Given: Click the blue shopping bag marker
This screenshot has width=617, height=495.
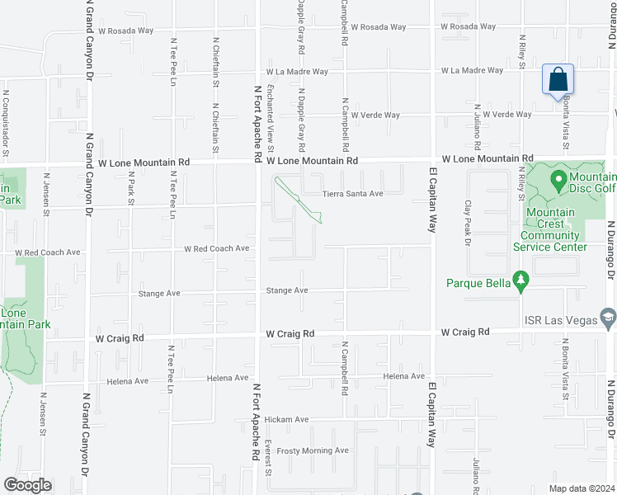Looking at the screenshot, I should click(558, 80).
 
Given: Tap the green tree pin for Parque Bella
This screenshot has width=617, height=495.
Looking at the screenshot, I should click(520, 283).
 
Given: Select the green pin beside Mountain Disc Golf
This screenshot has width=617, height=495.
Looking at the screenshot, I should click(558, 179).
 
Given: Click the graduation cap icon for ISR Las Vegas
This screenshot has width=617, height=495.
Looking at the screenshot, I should click(607, 318).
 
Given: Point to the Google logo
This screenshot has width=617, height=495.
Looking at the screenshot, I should click(27, 485).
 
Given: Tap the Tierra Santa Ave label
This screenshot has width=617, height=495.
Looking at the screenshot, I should click(353, 194).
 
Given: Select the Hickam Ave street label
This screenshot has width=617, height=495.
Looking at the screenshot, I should click(286, 420).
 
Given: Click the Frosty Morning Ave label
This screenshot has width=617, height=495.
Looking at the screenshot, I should click(313, 450).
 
